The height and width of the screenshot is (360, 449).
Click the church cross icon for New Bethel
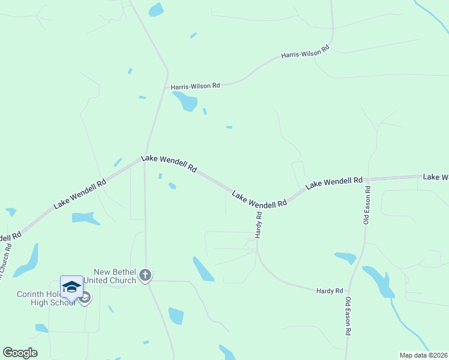tap(145, 275)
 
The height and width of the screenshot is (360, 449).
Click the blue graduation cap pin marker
tap(71, 286)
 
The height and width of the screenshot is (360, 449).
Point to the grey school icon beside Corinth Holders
tap(85, 298)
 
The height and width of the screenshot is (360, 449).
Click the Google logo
tap(20, 353)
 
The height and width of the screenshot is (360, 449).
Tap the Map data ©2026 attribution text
tap(423, 355)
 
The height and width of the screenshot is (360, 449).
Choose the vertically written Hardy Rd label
tap(258, 225)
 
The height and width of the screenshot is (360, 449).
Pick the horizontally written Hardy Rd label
tap(329, 290)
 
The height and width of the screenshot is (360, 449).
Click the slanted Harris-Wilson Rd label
tap(306, 52)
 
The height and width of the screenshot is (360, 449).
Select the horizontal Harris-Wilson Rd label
tap(195, 86)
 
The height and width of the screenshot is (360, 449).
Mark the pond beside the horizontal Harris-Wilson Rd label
tap(185, 101)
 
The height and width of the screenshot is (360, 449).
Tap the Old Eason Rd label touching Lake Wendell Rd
tap(367, 205)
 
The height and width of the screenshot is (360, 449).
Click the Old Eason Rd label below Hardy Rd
tap(348, 316)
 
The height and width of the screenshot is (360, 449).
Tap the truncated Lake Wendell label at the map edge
tap(435, 176)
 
